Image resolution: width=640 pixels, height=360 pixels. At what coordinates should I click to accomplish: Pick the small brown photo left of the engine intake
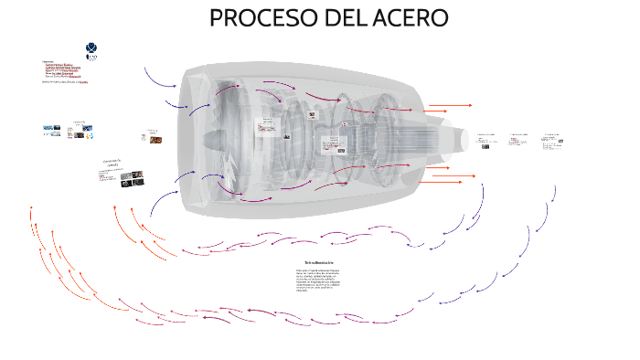tap(155, 139)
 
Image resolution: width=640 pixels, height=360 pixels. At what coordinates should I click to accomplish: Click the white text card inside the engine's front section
tap(267, 126)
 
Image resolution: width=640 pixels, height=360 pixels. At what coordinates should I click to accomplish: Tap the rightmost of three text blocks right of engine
tap(552, 140)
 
